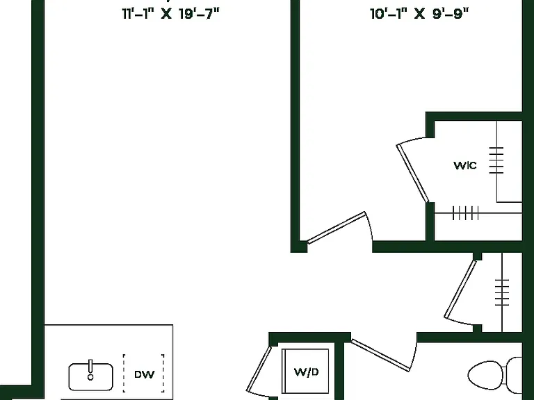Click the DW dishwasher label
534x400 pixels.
(145, 374)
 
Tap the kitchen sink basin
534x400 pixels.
(90, 377)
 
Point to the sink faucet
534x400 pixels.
(90, 369)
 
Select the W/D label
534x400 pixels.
(306, 372)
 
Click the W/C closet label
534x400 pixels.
(465, 166)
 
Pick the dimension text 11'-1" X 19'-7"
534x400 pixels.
(171, 15)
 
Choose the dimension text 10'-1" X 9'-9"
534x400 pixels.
(419, 15)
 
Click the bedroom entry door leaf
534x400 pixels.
(336, 227)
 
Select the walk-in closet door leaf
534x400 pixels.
(412, 173)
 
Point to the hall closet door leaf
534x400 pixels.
(460, 289)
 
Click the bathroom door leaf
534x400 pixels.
(380, 355)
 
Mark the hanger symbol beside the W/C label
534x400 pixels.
(496, 160)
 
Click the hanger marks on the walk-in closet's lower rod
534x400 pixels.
(466, 213)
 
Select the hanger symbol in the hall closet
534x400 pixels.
(502, 292)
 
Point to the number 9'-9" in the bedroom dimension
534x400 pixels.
(451, 15)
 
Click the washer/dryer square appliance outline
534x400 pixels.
(305, 371)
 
